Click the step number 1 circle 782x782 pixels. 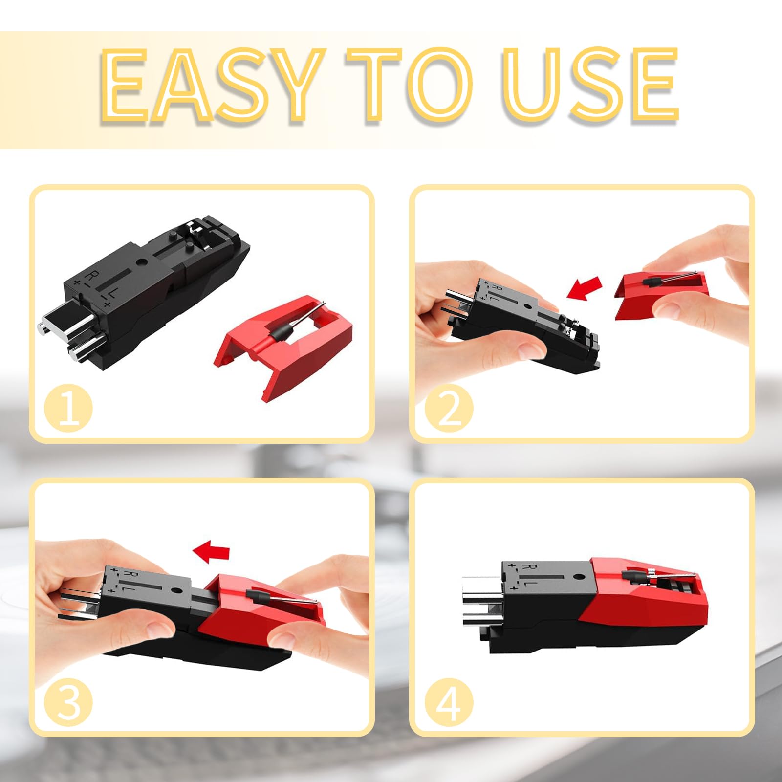[x=68, y=408]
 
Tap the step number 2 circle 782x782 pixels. [x=449, y=408]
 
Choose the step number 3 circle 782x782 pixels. [x=68, y=702]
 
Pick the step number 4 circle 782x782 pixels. [x=449, y=702]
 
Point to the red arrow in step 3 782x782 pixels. [x=211, y=551]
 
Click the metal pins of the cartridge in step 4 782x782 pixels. [x=481, y=601]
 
